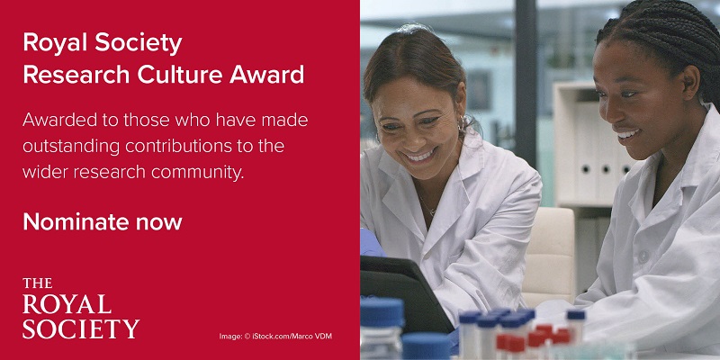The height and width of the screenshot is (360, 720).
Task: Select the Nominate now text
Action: (x=103, y=221)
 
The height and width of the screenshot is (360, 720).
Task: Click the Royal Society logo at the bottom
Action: (x=81, y=309)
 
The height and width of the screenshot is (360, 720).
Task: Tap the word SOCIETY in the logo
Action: (x=81, y=328)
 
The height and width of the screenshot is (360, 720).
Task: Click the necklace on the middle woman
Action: (x=430, y=209)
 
